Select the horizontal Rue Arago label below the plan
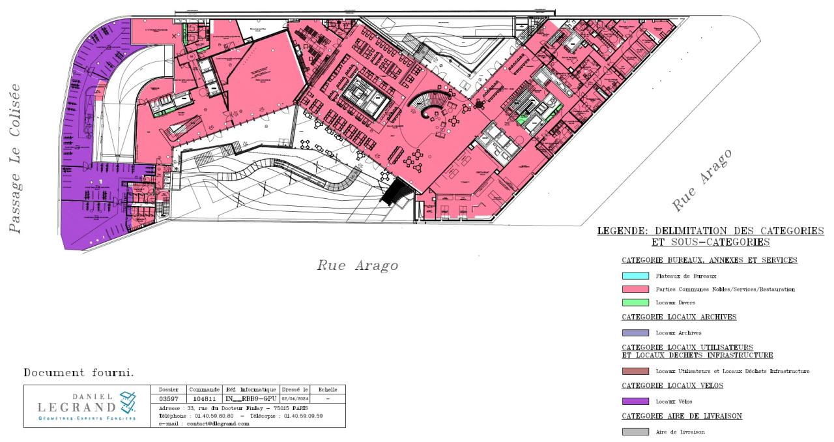[x=357, y=265]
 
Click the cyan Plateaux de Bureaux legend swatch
[x=635, y=276]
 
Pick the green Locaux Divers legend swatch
[x=635, y=302]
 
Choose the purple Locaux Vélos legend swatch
[x=635, y=401]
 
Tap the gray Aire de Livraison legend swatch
[x=635, y=432]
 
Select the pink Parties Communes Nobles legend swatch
[x=635, y=289]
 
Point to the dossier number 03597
[x=169, y=398]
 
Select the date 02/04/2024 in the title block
[x=295, y=398]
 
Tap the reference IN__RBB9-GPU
[x=250, y=398]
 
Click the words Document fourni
[x=78, y=373]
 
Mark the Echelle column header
[x=327, y=389]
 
